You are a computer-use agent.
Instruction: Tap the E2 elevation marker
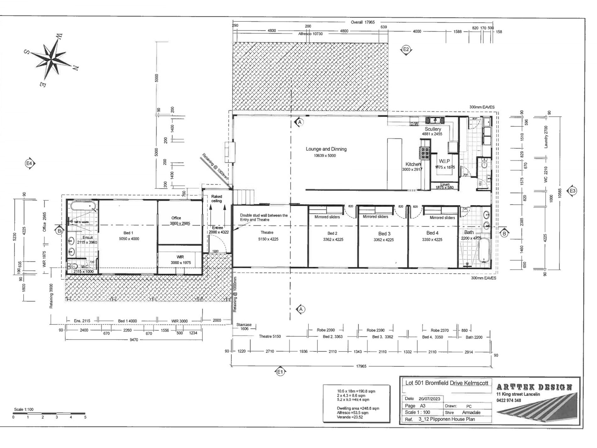(406, 49)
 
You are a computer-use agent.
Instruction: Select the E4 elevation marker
(30, 163)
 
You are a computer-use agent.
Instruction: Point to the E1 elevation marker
(280, 372)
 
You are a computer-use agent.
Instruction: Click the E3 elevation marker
(572, 191)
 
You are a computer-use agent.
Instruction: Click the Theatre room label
(267, 233)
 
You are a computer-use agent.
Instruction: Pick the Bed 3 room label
(384, 234)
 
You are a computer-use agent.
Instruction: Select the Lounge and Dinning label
(326, 149)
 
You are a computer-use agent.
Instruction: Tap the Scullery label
(433, 129)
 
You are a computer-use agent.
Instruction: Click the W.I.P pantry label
(445, 161)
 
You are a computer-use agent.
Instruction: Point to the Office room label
(176, 218)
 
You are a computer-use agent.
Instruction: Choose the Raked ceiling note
(216, 199)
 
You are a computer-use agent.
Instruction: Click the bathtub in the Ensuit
(83, 207)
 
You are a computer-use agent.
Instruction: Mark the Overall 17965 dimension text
(363, 22)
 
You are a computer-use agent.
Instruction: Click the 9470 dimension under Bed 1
(134, 340)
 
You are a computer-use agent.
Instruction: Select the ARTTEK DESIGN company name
(534, 387)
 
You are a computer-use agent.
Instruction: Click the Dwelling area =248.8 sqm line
(358, 408)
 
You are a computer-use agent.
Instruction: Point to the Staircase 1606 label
(244, 327)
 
